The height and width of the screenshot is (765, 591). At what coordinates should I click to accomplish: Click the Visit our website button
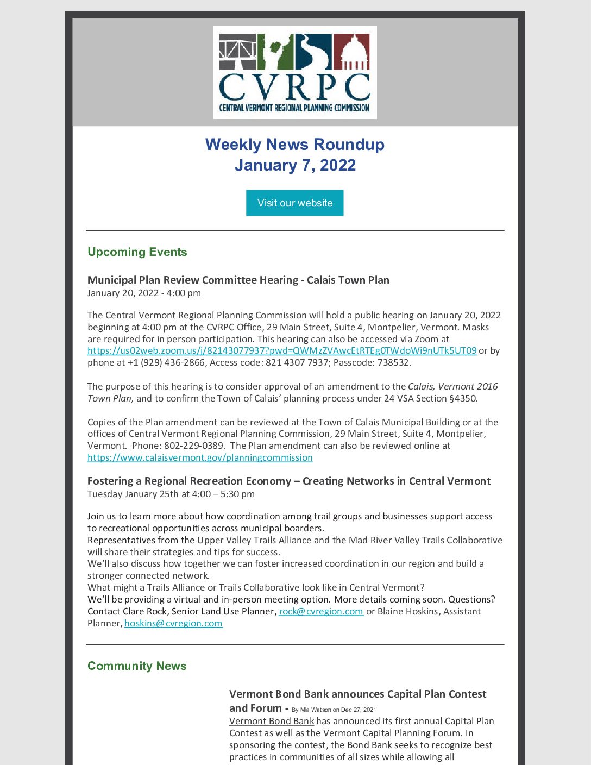[x=294, y=203]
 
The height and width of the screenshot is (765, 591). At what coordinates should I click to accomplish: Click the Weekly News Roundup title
[x=294, y=145]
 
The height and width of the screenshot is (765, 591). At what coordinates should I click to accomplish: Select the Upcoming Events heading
[x=137, y=252]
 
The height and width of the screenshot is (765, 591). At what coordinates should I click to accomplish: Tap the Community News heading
[x=137, y=666]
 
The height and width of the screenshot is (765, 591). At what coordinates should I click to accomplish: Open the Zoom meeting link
[x=282, y=350]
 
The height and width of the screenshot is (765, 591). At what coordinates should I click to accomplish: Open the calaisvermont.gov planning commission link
[x=200, y=457]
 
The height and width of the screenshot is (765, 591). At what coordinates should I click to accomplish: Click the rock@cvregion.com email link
[x=321, y=611]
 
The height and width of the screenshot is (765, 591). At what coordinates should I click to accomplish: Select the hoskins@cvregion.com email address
[x=173, y=623]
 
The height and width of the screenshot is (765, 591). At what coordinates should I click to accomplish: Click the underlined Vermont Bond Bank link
[x=272, y=721]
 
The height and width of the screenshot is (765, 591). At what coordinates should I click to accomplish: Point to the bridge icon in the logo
[x=237, y=52]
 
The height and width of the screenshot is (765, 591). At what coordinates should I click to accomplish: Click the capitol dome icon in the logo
[x=351, y=52]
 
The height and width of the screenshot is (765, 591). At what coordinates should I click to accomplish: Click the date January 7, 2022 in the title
[x=295, y=165]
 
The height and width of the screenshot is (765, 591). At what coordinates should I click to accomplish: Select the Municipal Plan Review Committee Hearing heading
[x=238, y=280]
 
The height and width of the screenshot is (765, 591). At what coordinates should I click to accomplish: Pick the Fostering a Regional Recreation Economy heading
[x=289, y=481]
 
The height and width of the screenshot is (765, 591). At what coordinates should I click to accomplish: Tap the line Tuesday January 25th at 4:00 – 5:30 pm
[x=171, y=494]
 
